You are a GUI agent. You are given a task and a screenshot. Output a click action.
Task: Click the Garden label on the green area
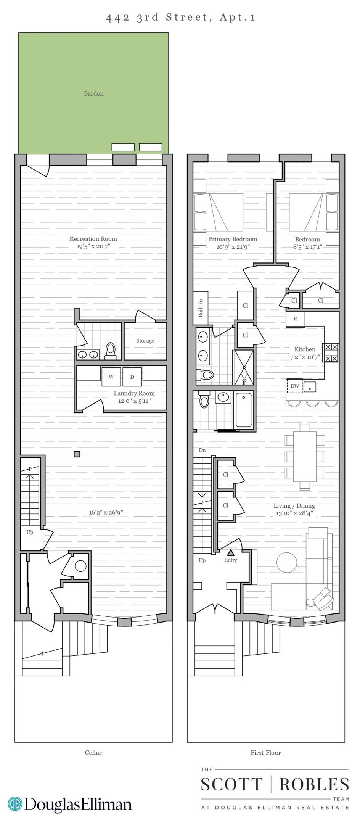tap(93, 93)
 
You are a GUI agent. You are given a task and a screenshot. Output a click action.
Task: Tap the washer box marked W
tap(111, 377)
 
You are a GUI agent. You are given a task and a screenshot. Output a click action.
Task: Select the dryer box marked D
tap(132, 377)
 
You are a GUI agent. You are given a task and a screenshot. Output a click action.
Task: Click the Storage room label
tap(145, 341)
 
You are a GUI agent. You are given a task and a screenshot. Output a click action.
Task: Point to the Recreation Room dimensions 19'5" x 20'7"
tap(93, 246)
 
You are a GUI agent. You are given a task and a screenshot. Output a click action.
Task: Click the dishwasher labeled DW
tap(294, 386)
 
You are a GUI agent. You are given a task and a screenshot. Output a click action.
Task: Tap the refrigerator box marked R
tap(296, 319)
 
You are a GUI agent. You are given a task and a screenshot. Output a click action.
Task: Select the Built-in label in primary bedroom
tap(201, 308)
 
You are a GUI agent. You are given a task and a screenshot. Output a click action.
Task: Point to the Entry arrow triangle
tap(231, 552)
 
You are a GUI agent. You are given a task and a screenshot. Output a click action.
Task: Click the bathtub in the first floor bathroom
tap(243, 410)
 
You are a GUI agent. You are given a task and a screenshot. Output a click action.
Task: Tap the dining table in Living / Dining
tap(305, 456)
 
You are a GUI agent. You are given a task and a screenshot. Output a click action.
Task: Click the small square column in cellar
tap(77, 454)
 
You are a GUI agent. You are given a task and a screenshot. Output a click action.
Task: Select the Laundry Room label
tap(134, 393)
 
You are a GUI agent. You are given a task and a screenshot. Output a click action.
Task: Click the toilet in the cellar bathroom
tap(111, 350)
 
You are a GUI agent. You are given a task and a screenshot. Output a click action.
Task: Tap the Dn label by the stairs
tap(202, 450)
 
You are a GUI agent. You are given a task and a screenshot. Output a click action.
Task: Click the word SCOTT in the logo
tap(231, 784)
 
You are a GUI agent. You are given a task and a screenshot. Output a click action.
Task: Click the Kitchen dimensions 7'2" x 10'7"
tap(305, 357)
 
